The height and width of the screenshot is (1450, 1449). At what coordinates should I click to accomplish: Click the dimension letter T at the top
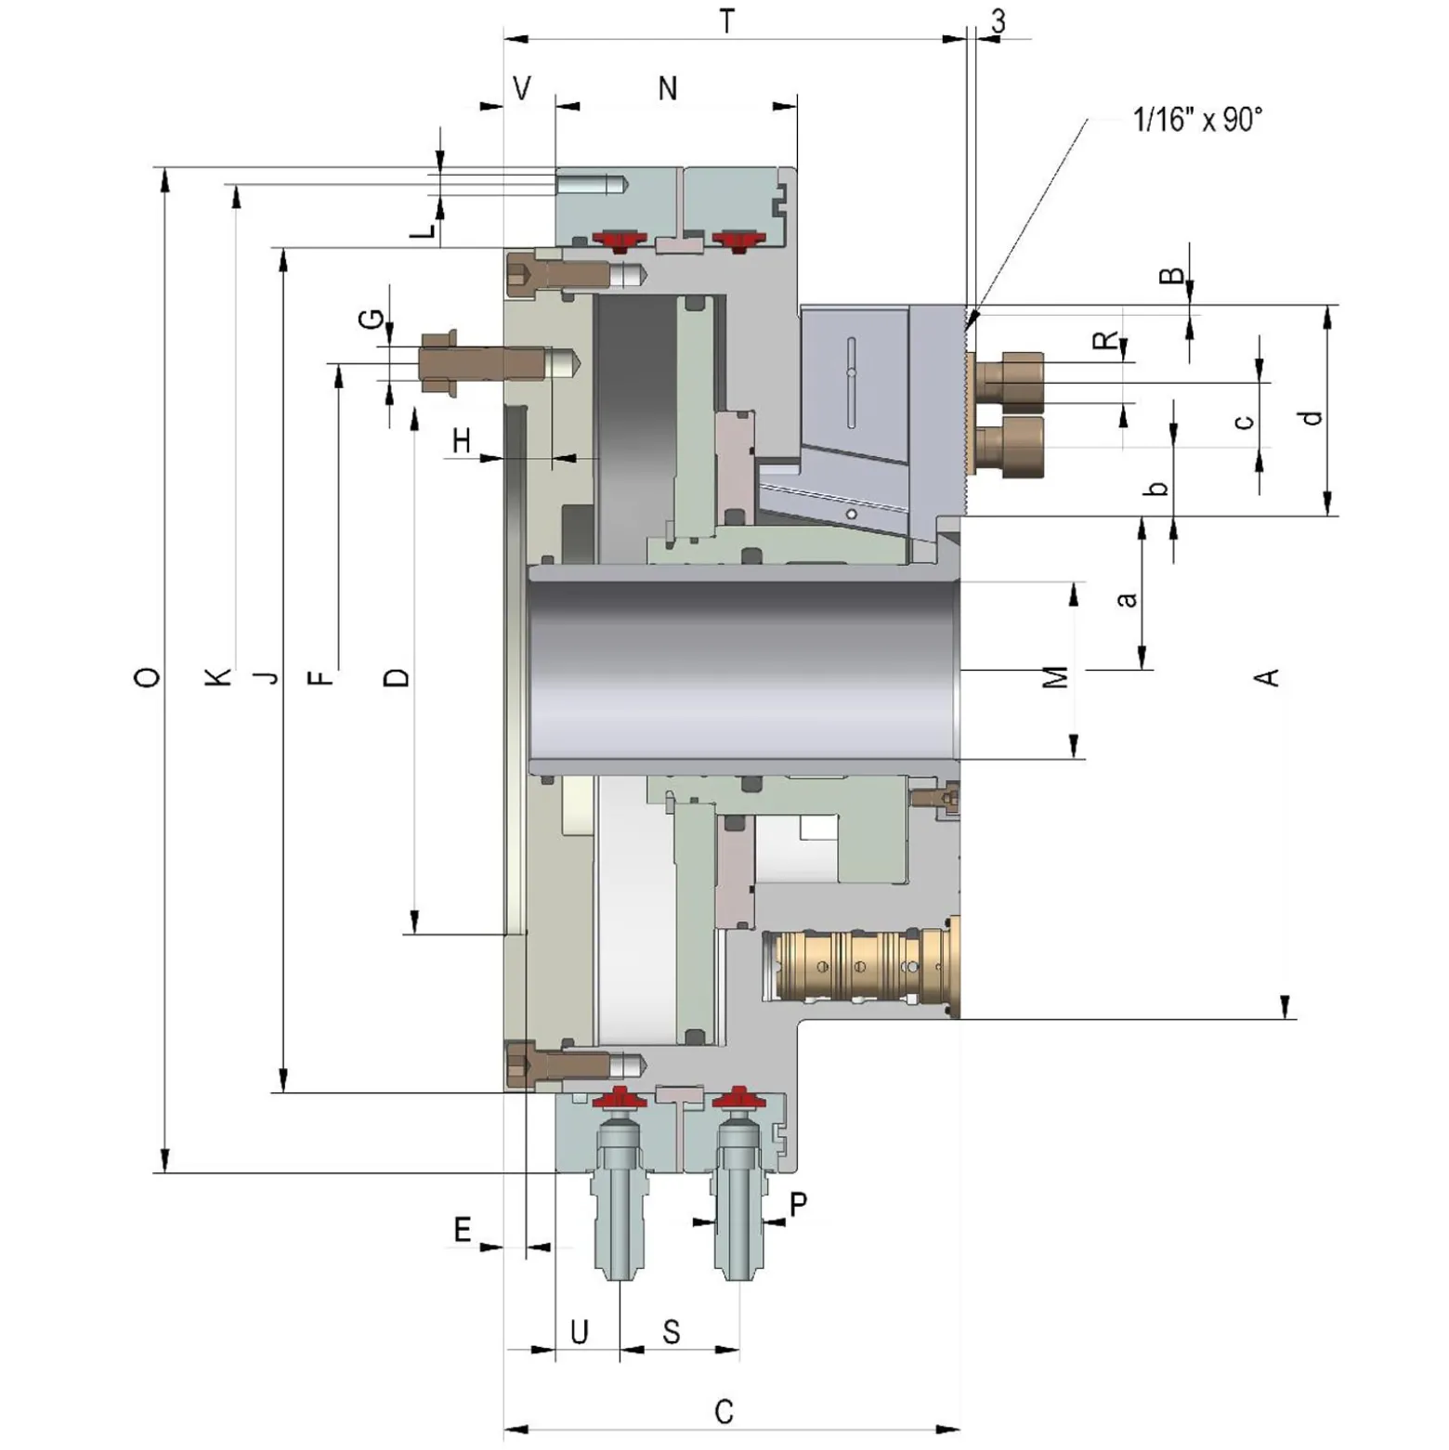tap(727, 20)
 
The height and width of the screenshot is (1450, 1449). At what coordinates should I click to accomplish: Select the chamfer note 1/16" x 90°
tap(1197, 120)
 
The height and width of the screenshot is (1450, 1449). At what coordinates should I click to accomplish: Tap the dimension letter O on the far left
tap(147, 677)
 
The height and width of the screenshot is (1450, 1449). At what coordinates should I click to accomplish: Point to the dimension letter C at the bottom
tap(724, 1411)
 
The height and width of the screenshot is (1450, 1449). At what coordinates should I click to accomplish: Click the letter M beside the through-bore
tap(1056, 677)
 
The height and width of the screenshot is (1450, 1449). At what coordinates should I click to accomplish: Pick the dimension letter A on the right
tap(1268, 677)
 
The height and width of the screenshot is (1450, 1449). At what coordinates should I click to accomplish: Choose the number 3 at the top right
tap(999, 21)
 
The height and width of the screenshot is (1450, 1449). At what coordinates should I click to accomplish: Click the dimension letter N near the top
tap(667, 88)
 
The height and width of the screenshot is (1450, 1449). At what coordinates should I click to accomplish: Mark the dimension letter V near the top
tap(522, 88)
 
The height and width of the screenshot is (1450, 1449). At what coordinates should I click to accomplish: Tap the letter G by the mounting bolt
tap(371, 319)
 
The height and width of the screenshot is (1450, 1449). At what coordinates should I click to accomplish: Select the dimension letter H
tap(462, 440)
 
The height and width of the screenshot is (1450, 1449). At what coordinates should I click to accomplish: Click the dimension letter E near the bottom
tap(463, 1230)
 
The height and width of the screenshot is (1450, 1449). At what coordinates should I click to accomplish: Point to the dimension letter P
tap(798, 1205)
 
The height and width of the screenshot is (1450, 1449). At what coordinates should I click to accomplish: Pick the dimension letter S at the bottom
tap(672, 1332)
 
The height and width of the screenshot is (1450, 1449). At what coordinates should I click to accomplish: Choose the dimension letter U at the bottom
tap(579, 1332)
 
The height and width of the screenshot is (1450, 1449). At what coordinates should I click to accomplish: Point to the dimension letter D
tap(396, 677)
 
